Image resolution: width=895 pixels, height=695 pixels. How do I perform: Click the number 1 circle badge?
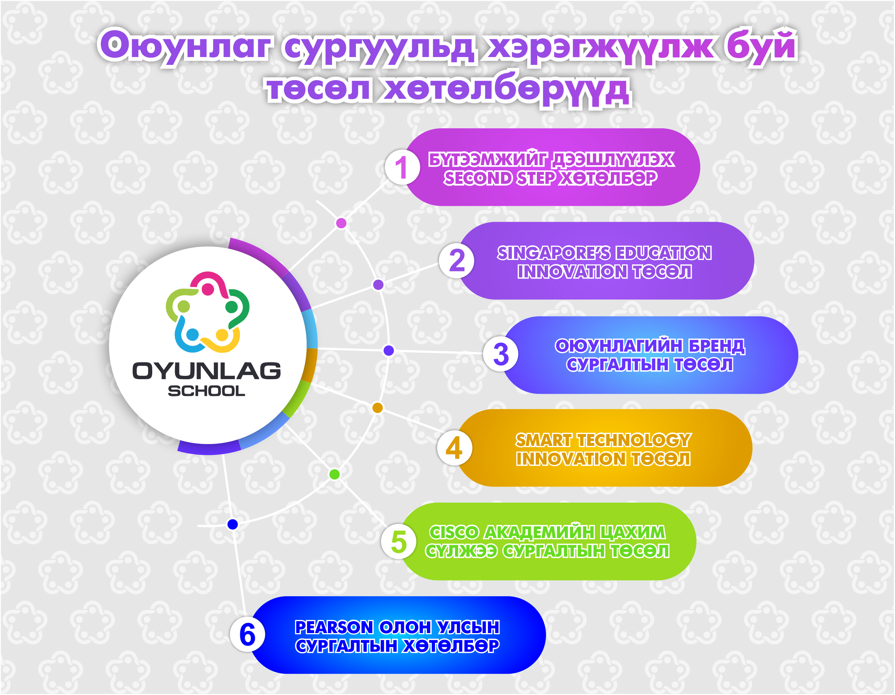point(402,167)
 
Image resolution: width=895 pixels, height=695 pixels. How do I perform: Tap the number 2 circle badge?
point(457,261)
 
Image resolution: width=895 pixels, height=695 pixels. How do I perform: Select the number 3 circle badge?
point(500,354)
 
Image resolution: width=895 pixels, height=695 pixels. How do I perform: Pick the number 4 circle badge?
point(454,448)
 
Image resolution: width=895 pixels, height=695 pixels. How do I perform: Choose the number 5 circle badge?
point(399,541)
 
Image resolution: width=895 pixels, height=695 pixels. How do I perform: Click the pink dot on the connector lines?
point(341,223)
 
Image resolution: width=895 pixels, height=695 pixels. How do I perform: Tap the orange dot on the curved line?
point(378,408)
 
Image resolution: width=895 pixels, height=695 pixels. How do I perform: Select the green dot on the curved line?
point(334,474)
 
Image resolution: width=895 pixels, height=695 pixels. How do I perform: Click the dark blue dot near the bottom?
point(232,524)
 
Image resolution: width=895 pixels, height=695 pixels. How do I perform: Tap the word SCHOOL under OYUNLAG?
point(207,391)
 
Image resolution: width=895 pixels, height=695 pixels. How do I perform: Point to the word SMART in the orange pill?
point(544,440)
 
